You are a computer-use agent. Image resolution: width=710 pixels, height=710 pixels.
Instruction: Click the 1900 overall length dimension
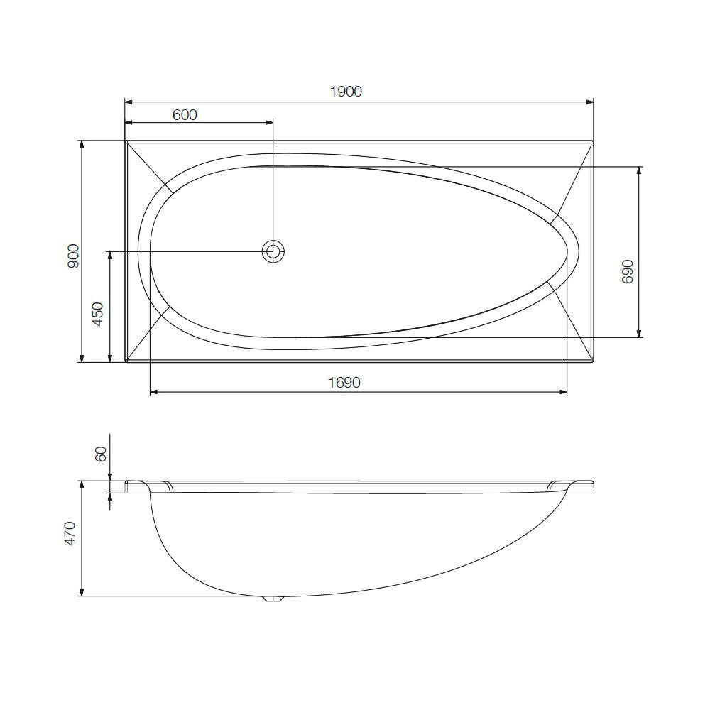[346, 92]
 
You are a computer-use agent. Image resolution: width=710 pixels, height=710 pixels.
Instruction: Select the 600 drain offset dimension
[185, 114]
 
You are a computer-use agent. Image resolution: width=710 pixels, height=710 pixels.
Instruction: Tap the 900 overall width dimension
[73, 256]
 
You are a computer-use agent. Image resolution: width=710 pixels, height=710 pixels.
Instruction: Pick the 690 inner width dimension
[627, 271]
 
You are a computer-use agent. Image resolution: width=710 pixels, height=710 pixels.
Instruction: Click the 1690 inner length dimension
[344, 383]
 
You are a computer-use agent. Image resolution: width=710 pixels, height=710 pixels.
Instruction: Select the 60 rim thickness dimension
[101, 454]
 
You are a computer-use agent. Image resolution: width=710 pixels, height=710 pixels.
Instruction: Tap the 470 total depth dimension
[70, 534]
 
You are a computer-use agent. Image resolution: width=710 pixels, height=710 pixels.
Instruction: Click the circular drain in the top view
[273, 251]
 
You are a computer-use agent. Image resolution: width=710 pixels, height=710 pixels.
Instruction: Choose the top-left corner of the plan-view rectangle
[126, 141]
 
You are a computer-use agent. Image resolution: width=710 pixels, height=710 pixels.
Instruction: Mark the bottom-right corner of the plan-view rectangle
[593, 361]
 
